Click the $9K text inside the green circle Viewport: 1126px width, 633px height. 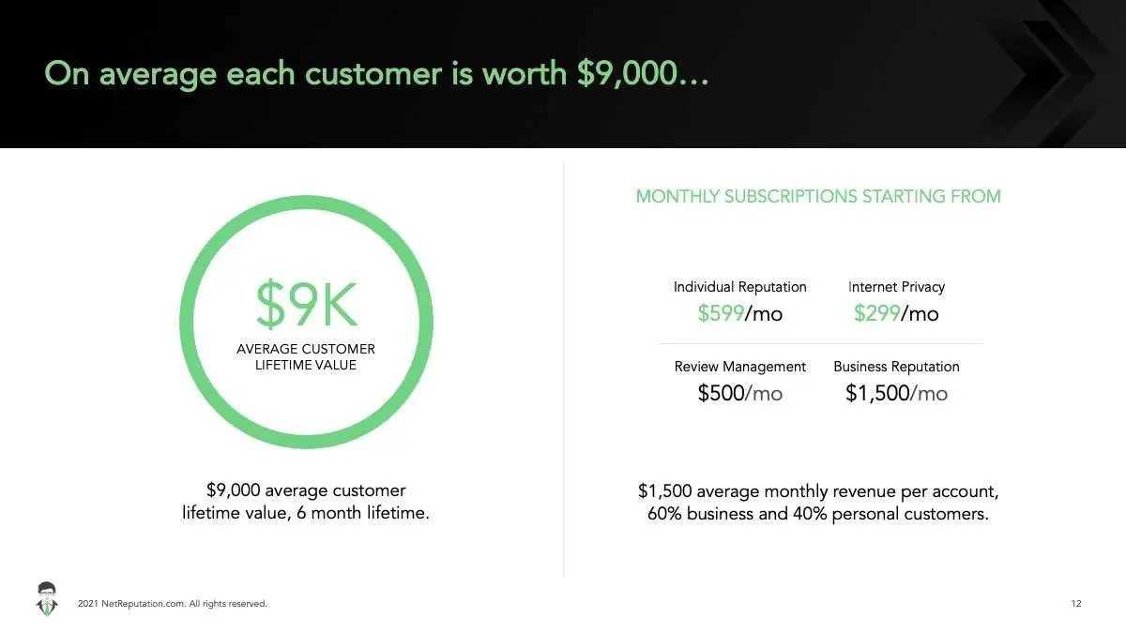(x=307, y=304)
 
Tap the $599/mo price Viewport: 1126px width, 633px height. (x=740, y=313)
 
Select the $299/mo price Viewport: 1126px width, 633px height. (x=896, y=313)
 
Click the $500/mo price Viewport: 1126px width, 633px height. (x=740, y=393)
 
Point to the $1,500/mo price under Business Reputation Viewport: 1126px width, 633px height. (x=896, y=393)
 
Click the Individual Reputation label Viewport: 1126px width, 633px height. (x=740, y=287)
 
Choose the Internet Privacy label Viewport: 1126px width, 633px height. (x=896, y=287)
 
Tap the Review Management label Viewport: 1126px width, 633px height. (x=740, y=367)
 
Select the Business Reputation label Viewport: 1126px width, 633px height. (x=896, y=367)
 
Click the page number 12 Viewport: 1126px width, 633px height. (x=1075, y=603)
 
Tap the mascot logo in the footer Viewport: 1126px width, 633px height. (x=47, y=599)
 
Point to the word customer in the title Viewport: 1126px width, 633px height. (x=373, y=74)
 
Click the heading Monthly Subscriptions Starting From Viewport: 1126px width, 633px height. (x=818, y=196)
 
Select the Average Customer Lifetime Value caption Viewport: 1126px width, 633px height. (x=306, y=356)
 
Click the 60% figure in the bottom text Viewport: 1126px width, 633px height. (x=664, y=514)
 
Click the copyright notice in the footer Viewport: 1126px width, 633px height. (x=173, y=603)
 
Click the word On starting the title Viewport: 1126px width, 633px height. (x=67, y=74)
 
